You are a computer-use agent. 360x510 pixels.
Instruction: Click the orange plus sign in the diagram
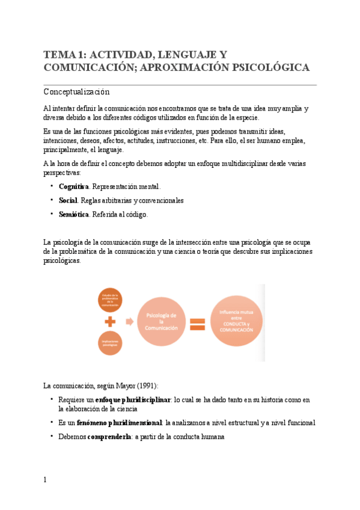[109, 322]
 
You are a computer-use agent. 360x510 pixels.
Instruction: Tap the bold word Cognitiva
[74, 186]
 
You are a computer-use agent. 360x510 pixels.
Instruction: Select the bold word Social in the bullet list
[68, 200]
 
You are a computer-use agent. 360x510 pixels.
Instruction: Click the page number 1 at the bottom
[45, 480]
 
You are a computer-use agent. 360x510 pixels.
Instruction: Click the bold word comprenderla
[109, 437]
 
